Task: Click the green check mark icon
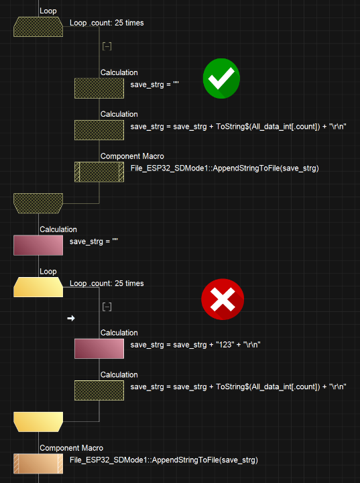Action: [221, 78]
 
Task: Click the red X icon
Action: [223, 299]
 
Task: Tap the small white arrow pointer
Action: [71, 318]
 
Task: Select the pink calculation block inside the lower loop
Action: [99, 349]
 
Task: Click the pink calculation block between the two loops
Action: [38, 246]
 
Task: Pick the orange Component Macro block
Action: [38, 464]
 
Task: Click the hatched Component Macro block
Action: [99, 172]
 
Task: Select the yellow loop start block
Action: [38, 287]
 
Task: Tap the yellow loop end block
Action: [38, 422]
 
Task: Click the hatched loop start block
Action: [38, 27]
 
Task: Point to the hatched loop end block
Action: [38, 203]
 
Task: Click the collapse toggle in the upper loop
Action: [107, 46]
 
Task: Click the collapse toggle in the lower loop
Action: [107, 307]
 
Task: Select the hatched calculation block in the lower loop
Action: [99, 390]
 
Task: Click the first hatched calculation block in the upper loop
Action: [99, 88]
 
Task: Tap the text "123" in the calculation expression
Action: [225, 345]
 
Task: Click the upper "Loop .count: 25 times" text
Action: [107, 23]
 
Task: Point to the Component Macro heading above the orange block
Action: [72, 448]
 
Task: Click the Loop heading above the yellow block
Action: [48, 272]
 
